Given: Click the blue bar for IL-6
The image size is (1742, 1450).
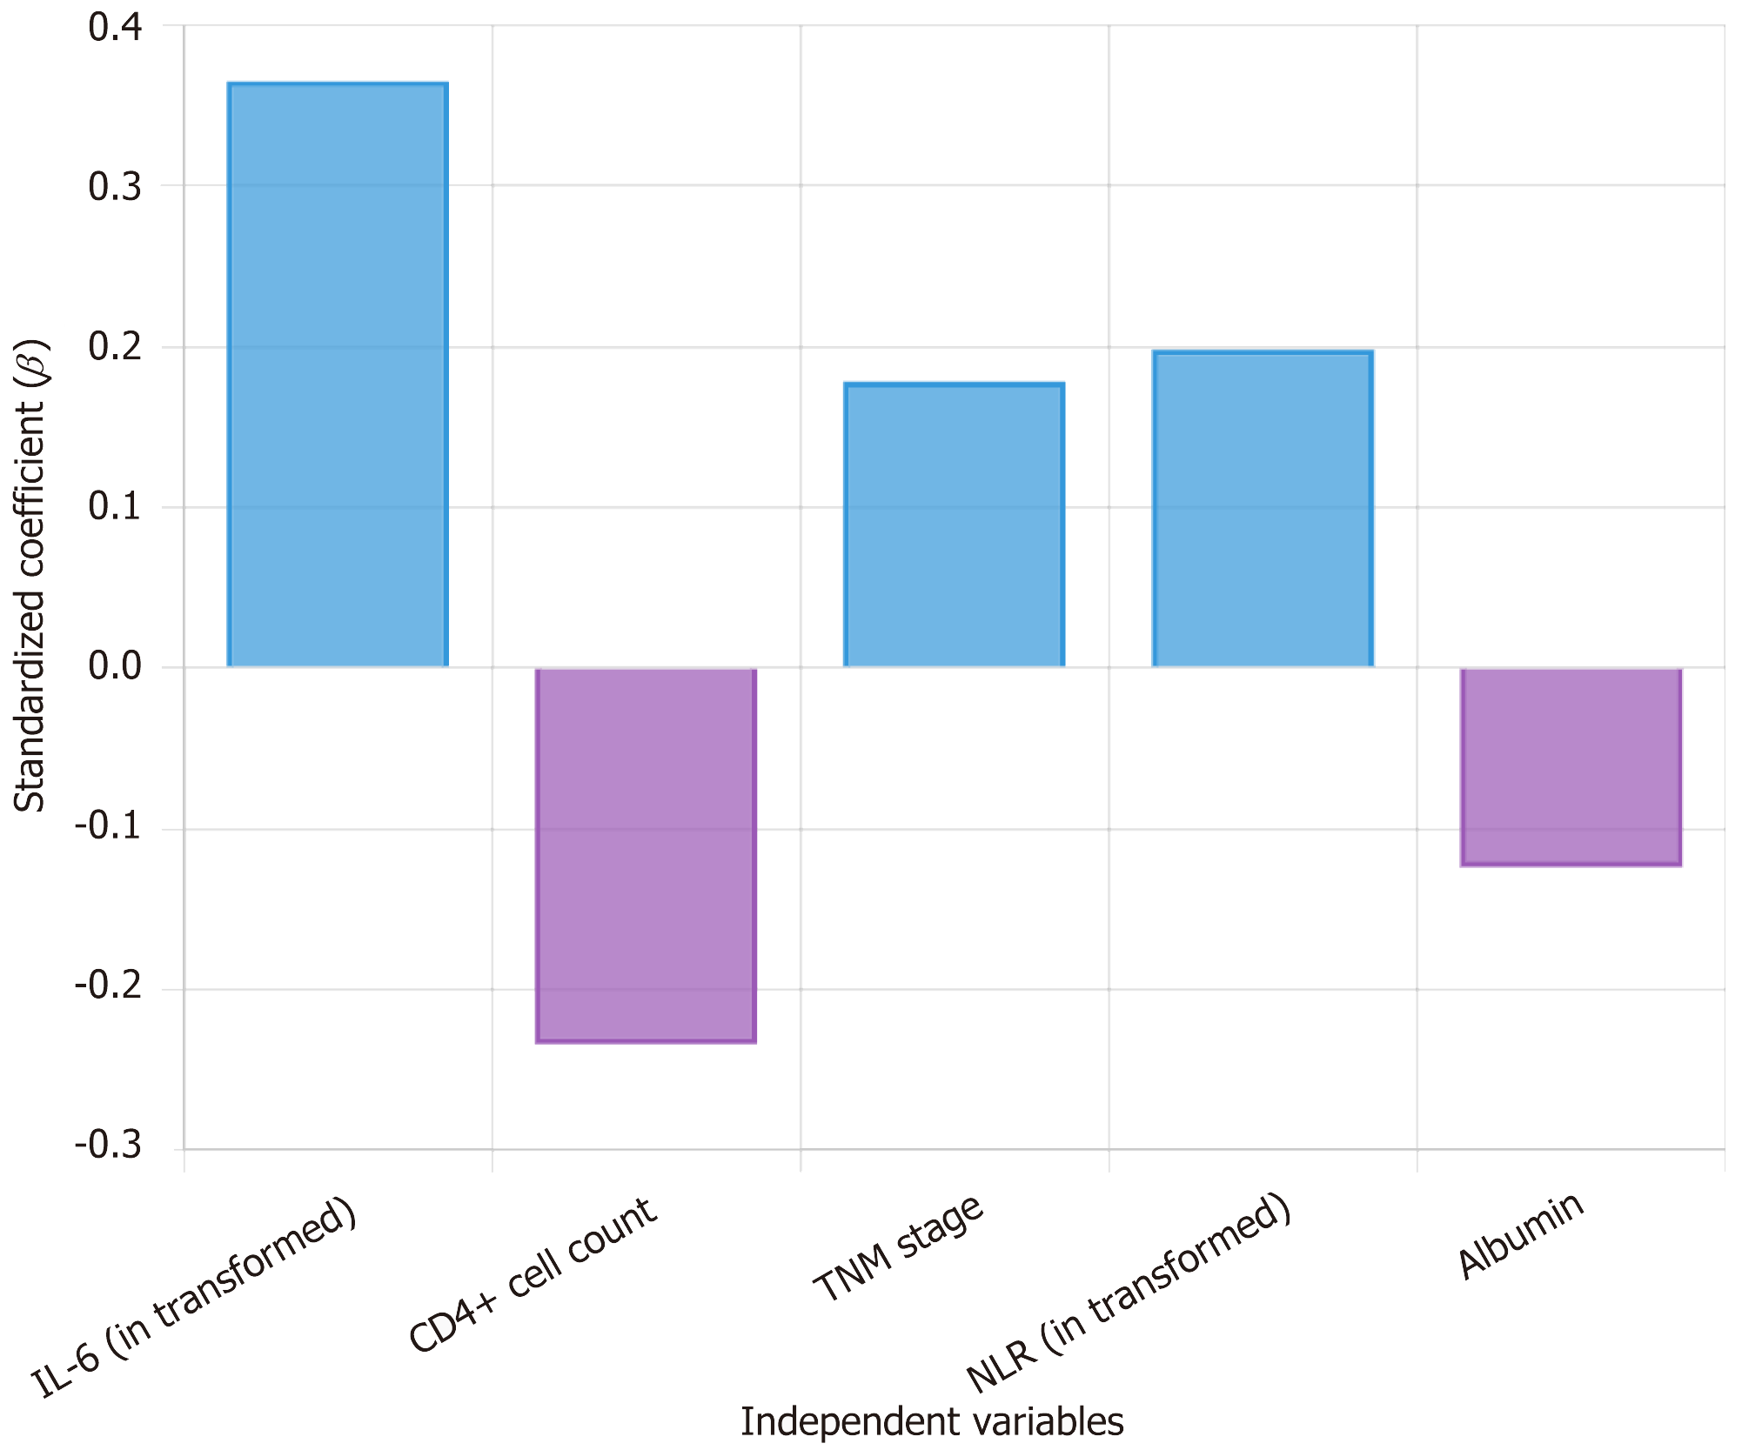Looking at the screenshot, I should pyautogui.click(x=338, y=375).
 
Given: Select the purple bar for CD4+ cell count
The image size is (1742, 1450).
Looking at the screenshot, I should pyautogui.click(x=646, y=854).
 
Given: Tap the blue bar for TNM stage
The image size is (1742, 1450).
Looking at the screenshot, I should pyautogui.click(x=954, y=525).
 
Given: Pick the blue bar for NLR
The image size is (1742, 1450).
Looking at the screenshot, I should pyautogui.click(x=1263, y=509).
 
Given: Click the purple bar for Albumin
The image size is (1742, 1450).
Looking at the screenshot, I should pyautogui.click(x=1571, y=766).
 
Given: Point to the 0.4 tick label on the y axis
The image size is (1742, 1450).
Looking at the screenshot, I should pyautogui.click(x=115, y=28).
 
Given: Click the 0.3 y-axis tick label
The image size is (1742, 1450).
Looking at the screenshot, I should pyautogui.click(x=115, y=187).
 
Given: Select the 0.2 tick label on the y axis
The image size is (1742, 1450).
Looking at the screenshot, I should pyautogui.click(x=115, y=347).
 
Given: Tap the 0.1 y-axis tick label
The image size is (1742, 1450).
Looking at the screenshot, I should pyautogui.click(x=115, y=507).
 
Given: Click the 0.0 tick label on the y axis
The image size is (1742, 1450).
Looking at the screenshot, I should pyautogui.click(x=115, y=667).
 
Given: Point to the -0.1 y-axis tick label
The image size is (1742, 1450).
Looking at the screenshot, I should pyautogui.click(x=108, y=827).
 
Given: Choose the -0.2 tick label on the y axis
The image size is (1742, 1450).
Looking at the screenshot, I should pyautogui.click(x=108, y=987).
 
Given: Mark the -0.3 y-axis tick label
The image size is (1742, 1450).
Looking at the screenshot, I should pyautogui.click(x=108, y=1146).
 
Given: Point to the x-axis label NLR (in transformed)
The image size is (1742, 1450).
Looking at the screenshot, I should pyautogui.click(x=1128, y=1295).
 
